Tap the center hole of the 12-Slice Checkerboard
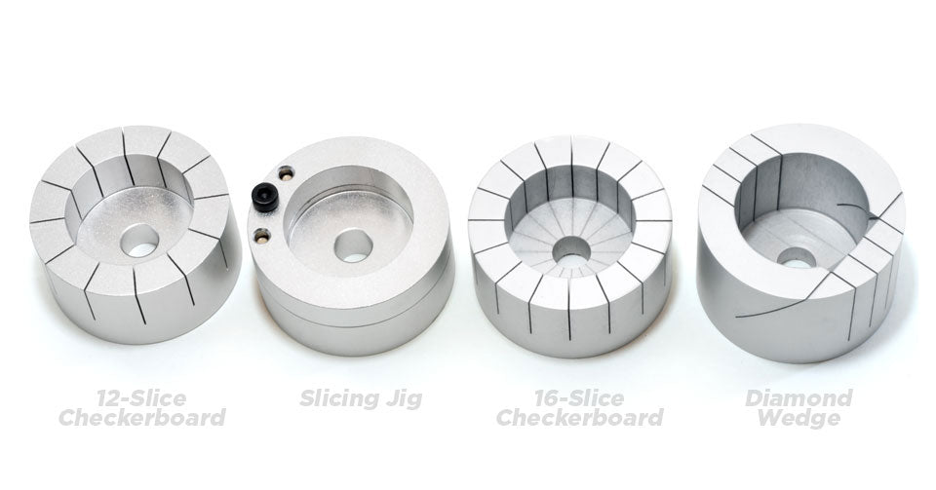(x=141, y=240)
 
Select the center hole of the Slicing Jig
(x=353, y=245)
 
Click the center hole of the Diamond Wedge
(x=797, y=257)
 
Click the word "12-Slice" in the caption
(x=142, y=397)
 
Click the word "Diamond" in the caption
(x=798, y=397)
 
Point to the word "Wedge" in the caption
(x=798, y=419)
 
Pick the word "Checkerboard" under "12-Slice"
(x=142, y=419)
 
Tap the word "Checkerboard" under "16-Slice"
(x=579, y=419)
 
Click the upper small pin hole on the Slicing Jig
(x=285, y=174)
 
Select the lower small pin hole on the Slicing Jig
(x=261, y=233)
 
